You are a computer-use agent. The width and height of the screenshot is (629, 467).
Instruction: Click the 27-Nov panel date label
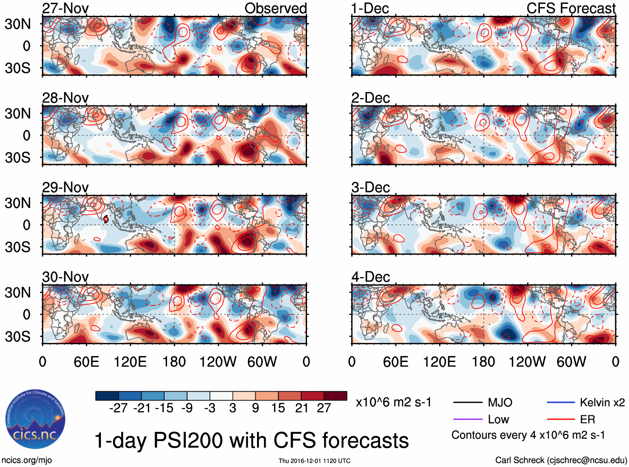[x=65, y=8]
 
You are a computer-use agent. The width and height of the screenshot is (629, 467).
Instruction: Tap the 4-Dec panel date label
[x=371, y=277]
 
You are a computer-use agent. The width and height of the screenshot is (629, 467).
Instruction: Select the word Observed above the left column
[x=275, y=8]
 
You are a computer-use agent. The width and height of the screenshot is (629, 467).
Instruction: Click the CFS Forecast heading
[x=571, y=8]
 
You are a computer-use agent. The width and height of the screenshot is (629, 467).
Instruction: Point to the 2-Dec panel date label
[x=371, y=98]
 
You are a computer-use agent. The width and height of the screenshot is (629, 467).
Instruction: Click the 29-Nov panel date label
[x=65, y=187]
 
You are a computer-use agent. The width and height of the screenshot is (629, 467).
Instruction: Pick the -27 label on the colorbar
[x=118, y=408]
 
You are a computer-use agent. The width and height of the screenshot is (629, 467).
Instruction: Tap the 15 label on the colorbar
[x=278, y=408]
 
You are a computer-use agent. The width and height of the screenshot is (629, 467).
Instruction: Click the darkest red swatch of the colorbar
[x=335, y=396]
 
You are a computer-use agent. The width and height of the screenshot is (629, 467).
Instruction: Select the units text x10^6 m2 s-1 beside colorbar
[x=393, y=402]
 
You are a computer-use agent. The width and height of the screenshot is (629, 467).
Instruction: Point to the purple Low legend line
[x=468, y=419]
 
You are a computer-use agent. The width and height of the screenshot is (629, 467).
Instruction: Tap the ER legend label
[x=587, y=419]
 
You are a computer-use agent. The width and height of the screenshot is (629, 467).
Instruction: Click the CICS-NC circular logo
[x=35, y=420]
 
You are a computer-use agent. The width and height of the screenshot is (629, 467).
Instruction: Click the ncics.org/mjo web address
[x=27, y=460]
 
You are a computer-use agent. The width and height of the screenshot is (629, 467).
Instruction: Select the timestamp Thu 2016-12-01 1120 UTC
[x=314, y=461]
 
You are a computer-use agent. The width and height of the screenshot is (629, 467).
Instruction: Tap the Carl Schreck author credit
[x=561, y=460]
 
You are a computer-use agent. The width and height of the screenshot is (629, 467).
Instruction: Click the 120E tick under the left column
[x=130, y=362]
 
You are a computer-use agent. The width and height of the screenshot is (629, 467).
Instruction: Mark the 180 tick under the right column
[x=483, y=362]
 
